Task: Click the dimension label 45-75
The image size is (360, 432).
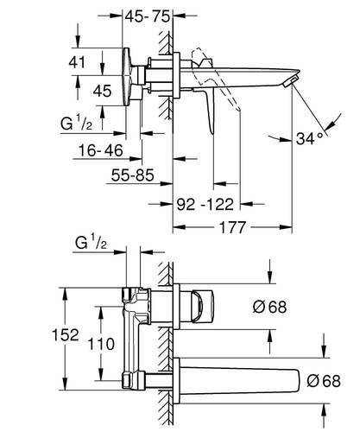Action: [x=148, y=16]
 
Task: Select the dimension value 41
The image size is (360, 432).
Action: [x=77, y=62]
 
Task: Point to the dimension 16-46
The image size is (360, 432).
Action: [x=101, y=150]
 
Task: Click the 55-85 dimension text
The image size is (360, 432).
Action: [x=133, y=175]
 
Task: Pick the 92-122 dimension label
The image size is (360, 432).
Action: [x=205, y=205]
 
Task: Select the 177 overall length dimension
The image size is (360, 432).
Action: [x=232, y=227]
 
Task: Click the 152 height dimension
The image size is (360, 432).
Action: [x=65, y=335]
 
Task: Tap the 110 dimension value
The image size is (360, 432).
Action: [x=101, y=344]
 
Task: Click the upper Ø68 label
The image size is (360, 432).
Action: [x=269, y=307]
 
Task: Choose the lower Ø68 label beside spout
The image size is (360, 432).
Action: [x=324, y=381]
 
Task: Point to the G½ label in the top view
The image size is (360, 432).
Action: [x=76, y=124]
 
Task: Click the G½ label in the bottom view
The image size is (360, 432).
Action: [x=91, y=242]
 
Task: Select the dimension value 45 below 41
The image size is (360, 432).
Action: [x=102, y=91]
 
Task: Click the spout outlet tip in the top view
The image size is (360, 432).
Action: [x=290, y=81]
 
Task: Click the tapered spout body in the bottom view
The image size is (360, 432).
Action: [x=240, y=381]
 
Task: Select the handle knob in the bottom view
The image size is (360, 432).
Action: [x=202, y=307]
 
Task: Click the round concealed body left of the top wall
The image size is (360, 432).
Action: [x=128, y=77]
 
